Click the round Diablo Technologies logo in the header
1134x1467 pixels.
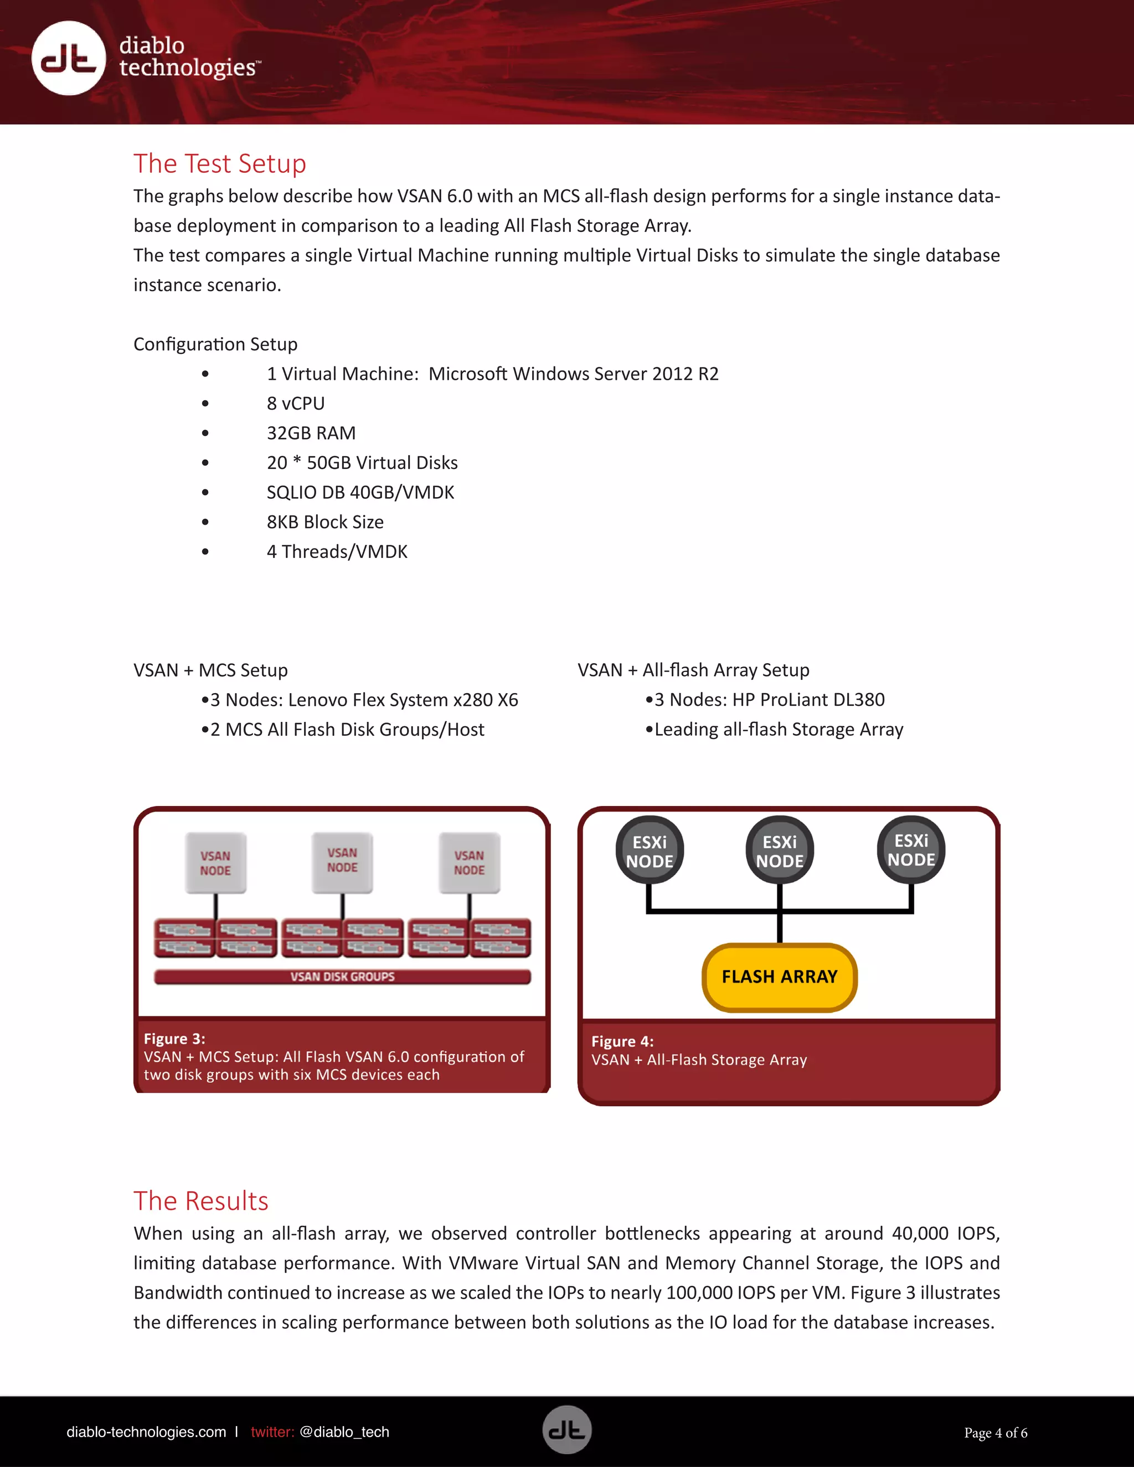[69, 59]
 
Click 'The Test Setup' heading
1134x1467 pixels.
[220, 164]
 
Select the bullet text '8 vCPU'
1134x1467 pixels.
[296, 404]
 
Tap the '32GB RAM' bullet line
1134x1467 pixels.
[311, 433]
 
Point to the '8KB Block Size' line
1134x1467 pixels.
[325, 522]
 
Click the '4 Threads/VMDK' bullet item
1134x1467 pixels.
[337, 552]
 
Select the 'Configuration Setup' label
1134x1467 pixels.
[215, 344]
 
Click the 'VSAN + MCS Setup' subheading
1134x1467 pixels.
[210, 670]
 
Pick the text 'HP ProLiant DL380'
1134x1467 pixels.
[808, 700]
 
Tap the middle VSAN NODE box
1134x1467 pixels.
[342, 862]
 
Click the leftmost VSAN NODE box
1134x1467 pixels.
[215, 863]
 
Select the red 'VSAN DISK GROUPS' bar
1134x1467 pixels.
[342, 977]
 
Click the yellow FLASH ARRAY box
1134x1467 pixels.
[779, 977]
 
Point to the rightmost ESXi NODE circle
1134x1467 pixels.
[910, 850]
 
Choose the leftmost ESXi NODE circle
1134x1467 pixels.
[650, 851]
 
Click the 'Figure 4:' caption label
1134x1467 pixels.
[622, 1042]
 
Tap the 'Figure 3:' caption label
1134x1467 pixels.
[174, 1039]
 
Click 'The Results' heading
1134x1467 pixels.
[201, 1201]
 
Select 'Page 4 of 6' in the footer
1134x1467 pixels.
[995, 1433]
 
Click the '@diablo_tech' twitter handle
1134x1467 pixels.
[344, 1432]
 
